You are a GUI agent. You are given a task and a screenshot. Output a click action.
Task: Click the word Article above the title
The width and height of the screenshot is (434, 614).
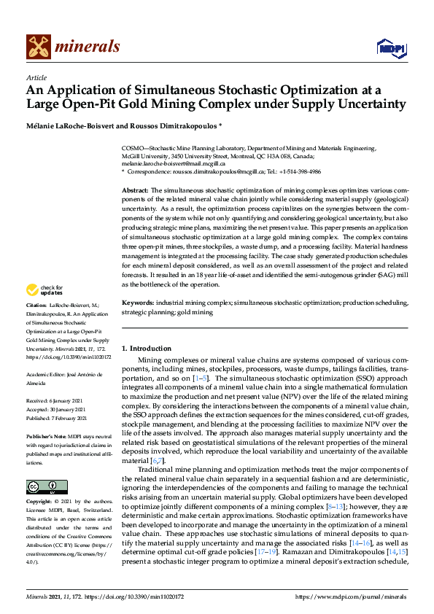[36, 77]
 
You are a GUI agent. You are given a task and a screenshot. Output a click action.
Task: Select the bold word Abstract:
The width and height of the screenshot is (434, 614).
[136, 189]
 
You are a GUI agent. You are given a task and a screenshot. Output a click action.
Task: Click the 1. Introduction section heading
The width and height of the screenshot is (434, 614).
[147, 349]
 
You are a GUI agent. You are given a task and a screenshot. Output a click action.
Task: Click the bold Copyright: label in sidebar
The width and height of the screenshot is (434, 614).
[40, 502]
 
